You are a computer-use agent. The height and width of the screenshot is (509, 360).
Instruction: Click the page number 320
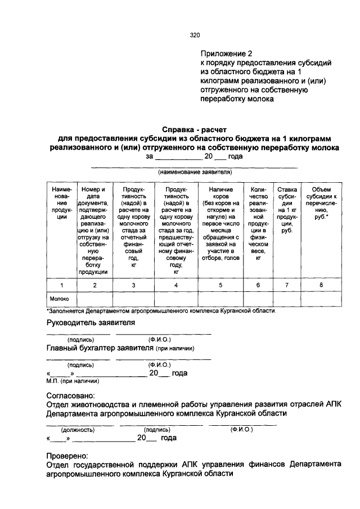[195, 35]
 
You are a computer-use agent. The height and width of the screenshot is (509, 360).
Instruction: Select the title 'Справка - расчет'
[193, 130]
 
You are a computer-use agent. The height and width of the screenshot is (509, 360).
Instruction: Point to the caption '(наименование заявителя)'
[195, 172]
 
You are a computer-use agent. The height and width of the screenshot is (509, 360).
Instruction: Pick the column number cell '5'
[220, 286]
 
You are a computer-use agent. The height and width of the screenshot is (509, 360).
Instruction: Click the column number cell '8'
[321, 286]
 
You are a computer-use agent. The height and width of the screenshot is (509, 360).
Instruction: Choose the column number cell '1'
[61, 286]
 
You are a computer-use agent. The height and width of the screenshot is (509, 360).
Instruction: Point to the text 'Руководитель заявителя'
[91, 322]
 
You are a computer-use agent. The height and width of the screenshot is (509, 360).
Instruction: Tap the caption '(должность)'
[77, 430]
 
